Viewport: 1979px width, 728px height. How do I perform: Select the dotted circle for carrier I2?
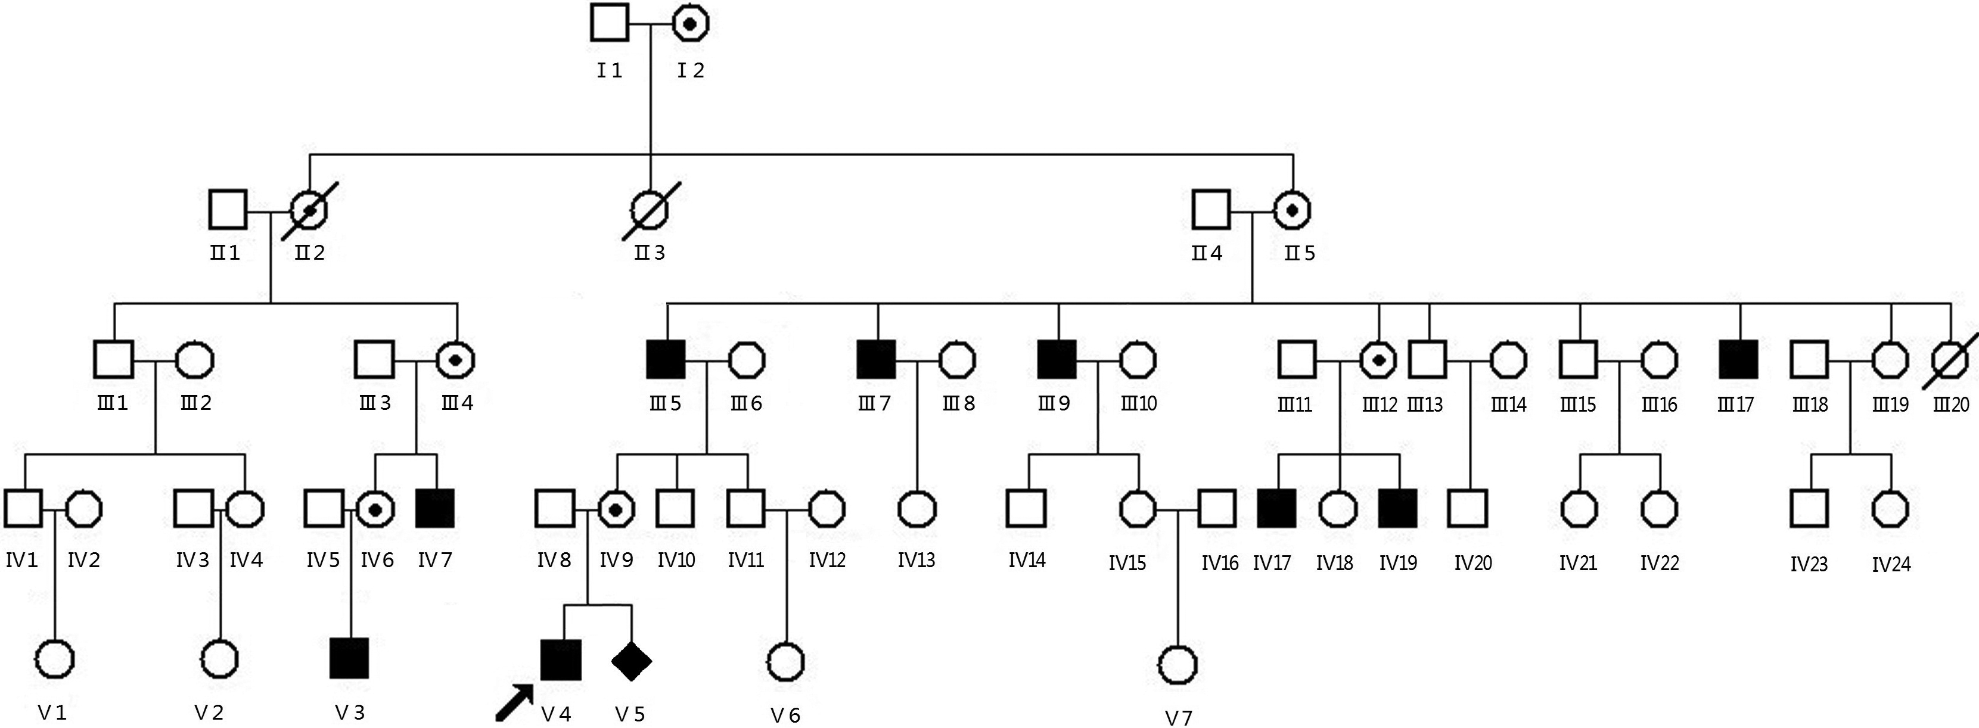tap(690, 24)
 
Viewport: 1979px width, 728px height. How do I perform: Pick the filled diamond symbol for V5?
tap(632, 661)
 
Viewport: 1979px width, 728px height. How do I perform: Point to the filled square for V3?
tap(349, 658)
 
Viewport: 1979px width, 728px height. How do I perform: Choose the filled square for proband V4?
tap(561, 659)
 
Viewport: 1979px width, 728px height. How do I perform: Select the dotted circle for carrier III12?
tap(1379, 359)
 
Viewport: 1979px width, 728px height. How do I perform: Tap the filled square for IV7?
tap(435, 508)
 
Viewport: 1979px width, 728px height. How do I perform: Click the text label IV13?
tap(917, 561)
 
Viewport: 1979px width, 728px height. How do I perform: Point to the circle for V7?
tap(1177, 664)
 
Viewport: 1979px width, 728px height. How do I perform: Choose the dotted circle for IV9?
tap(616, 508)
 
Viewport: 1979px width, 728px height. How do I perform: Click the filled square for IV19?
tap(1398, 508)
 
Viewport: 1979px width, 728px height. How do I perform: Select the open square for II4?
tap(1211, 210)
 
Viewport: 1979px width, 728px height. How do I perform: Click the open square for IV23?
tap(1809, 508)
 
